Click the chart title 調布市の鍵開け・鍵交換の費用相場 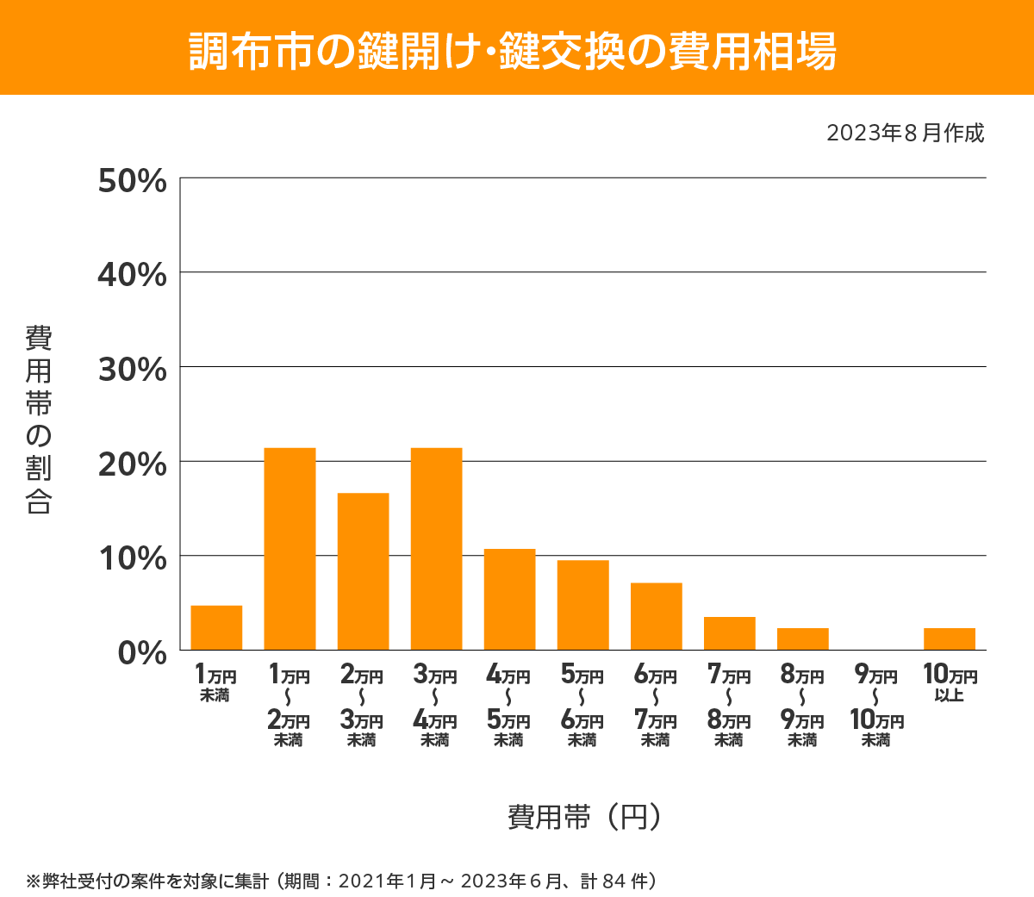[513, 51]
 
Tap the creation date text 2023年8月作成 [905, 134]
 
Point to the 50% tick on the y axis [133, 181]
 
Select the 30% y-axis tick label [133, 370]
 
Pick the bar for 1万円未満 [216, 628]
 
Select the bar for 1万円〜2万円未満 [290, 549]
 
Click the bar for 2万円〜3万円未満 [363, 571]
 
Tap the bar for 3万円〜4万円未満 [436, 549]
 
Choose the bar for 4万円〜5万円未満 [509, 600]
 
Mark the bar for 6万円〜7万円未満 [656, 617]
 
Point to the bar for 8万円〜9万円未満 [802, 639]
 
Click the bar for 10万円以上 [949, 639]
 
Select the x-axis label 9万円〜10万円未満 [876, 707]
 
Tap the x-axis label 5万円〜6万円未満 [582, 707]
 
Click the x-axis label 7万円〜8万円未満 [729, 707]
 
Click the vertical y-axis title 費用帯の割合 [39, 420]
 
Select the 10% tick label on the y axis [133, 558]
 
